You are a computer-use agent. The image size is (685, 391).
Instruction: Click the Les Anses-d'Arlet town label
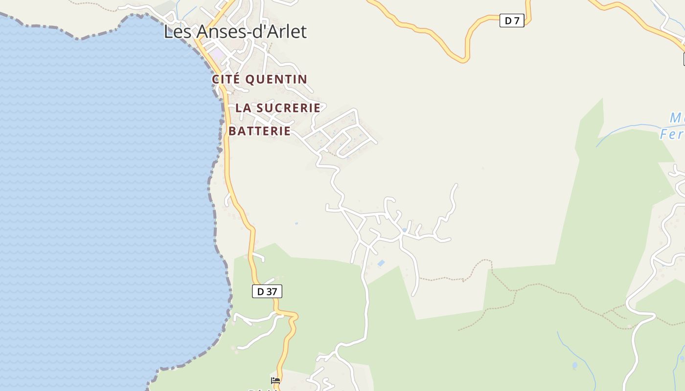pos(235,32)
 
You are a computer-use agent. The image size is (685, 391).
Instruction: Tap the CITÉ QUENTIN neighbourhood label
pos(259,79)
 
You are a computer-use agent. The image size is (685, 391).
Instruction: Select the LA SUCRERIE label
pos(278,108)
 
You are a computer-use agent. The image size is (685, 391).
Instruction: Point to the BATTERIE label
pos(259,131)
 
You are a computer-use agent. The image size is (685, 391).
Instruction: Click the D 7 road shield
pos(512,21)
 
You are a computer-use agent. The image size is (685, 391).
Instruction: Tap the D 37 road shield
pos(267,291)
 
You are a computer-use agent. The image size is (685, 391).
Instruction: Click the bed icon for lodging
pos(275,380)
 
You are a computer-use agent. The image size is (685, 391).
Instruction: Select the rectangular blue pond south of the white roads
pos(381,263)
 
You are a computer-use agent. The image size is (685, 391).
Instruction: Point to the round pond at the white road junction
pos(404,230)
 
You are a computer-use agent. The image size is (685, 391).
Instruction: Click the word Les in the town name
pos(175,32)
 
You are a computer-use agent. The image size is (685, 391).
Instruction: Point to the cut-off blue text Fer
pos(671,134)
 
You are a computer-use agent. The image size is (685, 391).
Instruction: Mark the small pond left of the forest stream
pos(574,365)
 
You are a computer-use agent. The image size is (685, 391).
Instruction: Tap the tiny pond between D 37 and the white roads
pos(297,223)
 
